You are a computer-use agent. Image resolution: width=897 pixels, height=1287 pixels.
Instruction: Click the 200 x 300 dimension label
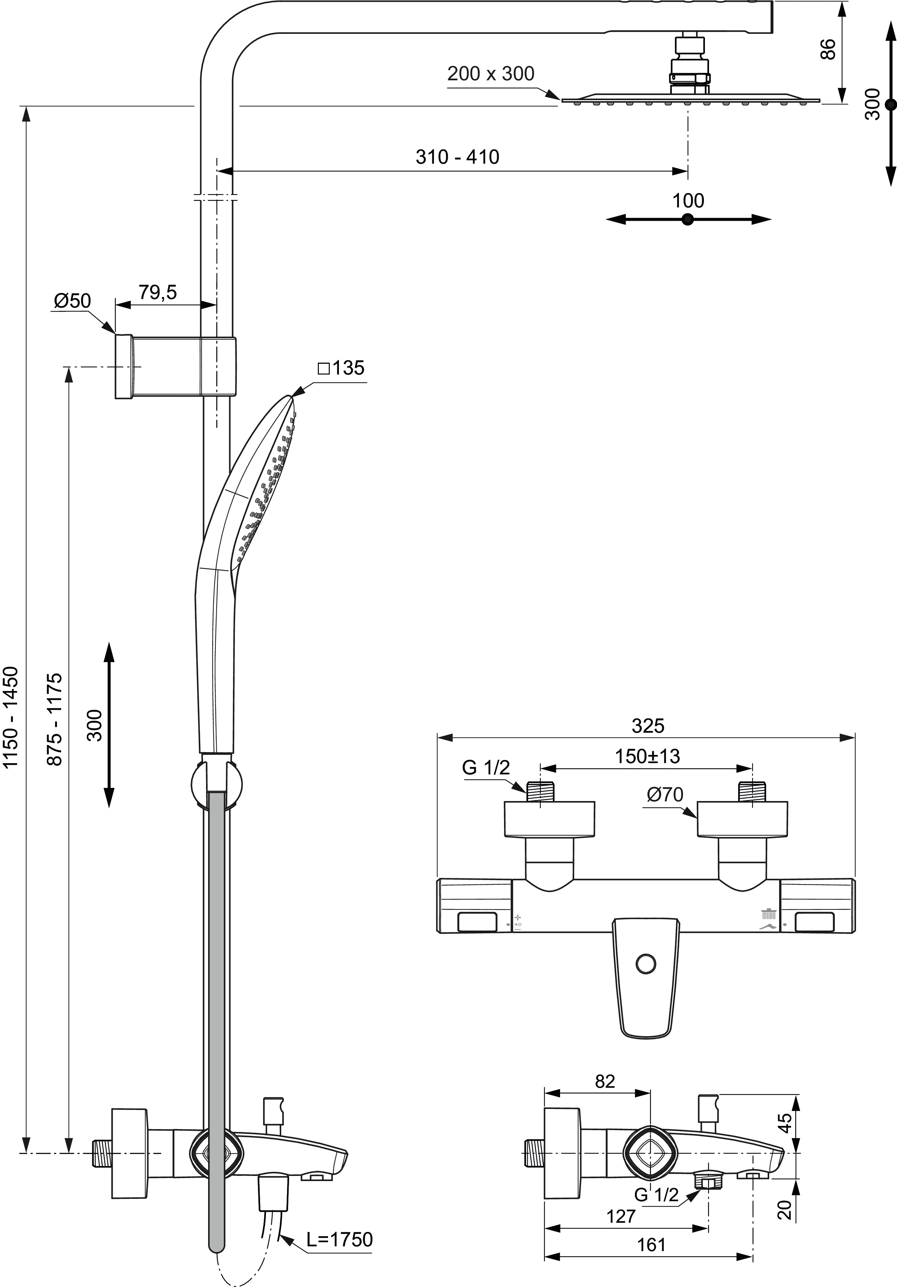[491, 73]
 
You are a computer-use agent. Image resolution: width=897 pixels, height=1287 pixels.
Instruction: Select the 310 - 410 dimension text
[458, 157]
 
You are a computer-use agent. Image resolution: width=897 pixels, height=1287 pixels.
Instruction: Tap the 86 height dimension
[828, 49]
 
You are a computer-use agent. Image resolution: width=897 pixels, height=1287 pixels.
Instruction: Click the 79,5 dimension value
[158, 292]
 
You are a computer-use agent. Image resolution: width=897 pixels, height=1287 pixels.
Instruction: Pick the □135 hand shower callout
[341, 368]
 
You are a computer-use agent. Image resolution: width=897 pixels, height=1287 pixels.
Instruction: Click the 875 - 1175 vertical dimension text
[54, 719]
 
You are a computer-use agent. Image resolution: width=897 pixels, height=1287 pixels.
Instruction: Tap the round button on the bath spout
[646, 964]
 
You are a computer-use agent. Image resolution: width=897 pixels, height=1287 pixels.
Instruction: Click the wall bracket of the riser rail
[176, 367]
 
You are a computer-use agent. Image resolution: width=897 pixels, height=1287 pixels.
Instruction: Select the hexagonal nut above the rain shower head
[690, 79]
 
